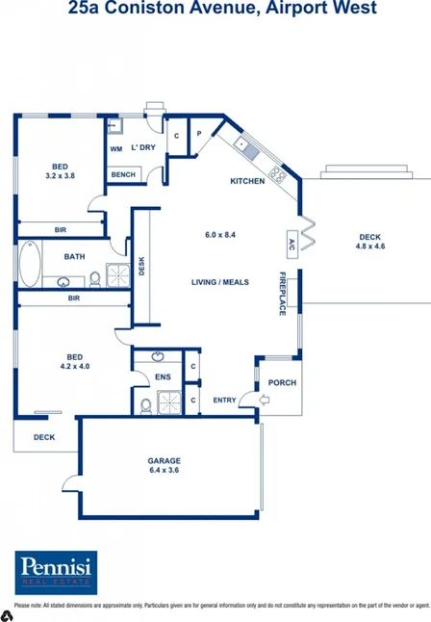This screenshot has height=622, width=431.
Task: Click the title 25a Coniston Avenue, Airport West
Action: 215,9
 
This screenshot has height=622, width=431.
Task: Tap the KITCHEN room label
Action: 246,181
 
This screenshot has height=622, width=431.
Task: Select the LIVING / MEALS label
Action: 220,282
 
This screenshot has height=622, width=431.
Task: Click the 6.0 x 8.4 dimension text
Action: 220,235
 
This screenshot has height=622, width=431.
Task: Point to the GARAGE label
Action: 165,459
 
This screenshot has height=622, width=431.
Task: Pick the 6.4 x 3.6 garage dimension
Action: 165,470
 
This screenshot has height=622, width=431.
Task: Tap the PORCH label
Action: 282,382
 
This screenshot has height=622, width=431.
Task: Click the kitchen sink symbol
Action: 246,147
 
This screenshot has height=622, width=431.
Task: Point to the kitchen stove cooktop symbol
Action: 277,173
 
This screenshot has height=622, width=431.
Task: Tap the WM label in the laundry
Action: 115,148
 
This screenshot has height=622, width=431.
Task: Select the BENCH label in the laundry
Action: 122,174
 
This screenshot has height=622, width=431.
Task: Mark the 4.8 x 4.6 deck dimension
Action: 370,246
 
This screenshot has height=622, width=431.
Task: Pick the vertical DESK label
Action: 140,265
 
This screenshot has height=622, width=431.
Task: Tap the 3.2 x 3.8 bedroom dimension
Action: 60,176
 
